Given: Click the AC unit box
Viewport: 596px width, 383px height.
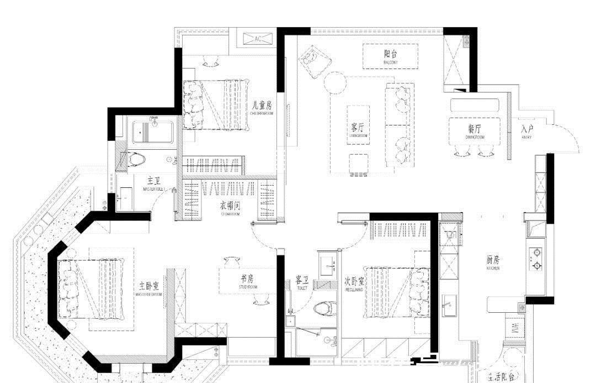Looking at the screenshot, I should (x=259, y=39).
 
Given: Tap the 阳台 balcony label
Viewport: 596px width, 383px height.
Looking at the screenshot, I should (x=390, y=55).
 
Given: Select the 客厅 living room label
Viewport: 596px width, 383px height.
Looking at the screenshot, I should (x=358, y=128).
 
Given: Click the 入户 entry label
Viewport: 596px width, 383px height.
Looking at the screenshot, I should (x=526, y=130).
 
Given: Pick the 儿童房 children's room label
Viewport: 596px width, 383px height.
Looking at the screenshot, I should (x=261, y=105).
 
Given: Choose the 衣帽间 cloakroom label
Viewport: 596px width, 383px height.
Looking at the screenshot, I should (x=230, y=206).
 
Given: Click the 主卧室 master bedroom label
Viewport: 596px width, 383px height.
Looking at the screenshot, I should (x=149, y=286).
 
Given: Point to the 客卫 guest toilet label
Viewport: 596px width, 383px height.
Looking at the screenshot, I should (x=302, y=281).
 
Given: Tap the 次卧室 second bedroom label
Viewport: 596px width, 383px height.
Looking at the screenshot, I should (x=354, y=281).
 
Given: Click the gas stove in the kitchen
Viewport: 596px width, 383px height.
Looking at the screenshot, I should (x=536, y=259).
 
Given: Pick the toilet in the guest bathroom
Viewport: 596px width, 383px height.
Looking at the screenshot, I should (x=322, y=307).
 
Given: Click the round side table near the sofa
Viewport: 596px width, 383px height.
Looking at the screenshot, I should (x=334, y=83).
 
